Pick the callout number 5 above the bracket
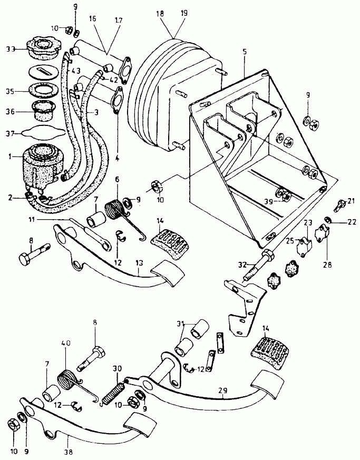(x=245, y=52)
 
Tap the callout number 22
(x=352, y=222)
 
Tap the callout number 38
(x=68, y=452)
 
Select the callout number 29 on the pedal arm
(x=223, y=390)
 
